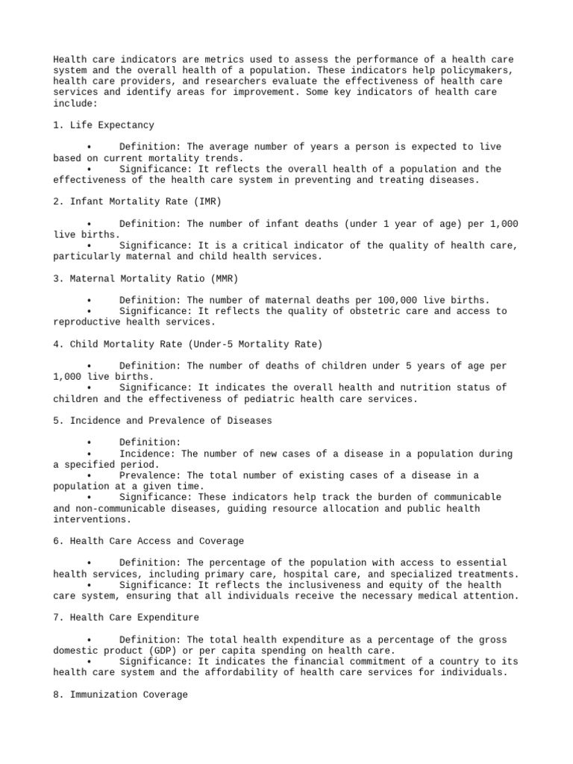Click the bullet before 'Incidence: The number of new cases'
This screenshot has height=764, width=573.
tap(88, 454)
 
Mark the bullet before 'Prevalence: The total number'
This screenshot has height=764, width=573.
tap(88, 476)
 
